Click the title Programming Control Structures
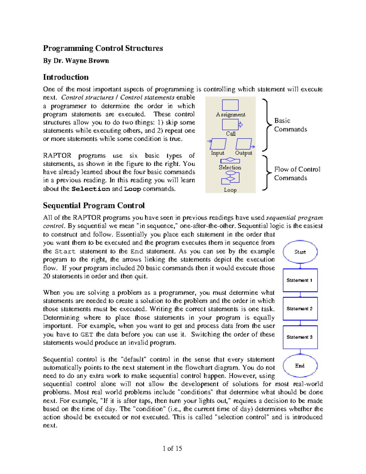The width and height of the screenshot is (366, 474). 103,48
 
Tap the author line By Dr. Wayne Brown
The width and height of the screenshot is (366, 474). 76,61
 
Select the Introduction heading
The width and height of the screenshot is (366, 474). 66,77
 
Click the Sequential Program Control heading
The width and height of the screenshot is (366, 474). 94,205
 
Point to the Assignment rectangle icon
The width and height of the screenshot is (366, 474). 230,105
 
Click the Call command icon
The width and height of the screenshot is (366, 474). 231,125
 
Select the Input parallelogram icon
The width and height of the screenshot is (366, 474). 218,144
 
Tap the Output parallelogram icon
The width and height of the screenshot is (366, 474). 244,144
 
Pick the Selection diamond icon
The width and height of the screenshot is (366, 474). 230,160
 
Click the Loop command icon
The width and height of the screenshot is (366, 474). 230,178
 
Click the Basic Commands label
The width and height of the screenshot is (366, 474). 290,125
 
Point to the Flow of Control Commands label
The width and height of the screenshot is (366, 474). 297,173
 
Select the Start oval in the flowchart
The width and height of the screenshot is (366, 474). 300,252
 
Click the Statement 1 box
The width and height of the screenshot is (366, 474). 300,280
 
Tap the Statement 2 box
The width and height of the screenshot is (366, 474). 300,309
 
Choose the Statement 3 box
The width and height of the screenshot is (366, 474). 300,337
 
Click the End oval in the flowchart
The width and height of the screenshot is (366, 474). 300,366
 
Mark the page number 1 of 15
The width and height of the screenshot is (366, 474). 172,448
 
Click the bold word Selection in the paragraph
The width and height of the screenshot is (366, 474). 91,189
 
